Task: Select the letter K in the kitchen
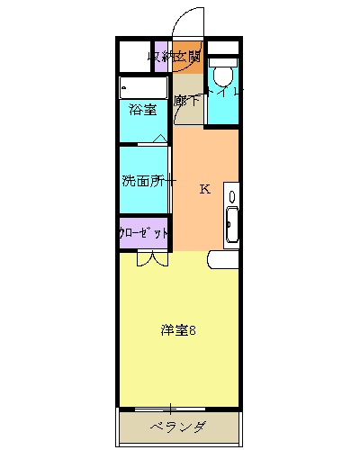[204, 189]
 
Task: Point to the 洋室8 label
[179, 329]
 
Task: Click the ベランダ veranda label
[179, 427]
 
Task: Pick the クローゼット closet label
[143, 232]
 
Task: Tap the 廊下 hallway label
[186, 101]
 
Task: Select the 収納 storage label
[161, 58]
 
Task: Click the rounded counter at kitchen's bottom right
[223, 260]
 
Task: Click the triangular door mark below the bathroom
[159, 139]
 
